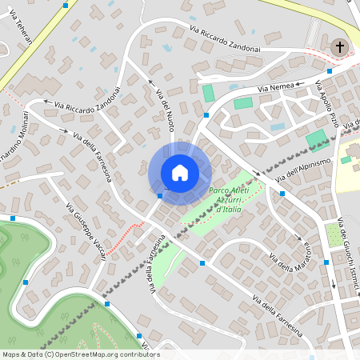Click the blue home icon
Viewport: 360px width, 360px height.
[x=180, y=172]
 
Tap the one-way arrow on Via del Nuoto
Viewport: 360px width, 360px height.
[x=150, y=82]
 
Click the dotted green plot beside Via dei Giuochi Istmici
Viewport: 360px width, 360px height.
[x=334, y=234]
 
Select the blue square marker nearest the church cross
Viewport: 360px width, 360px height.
[x=330, y=70]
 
